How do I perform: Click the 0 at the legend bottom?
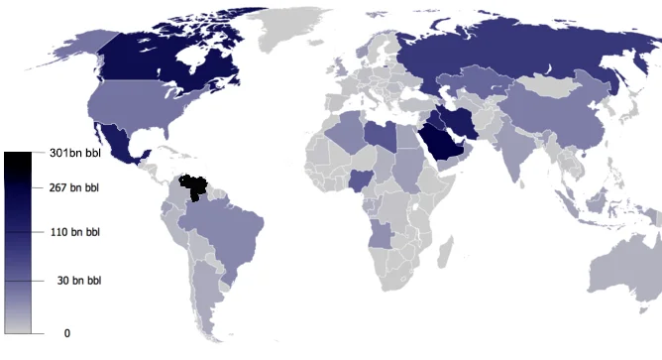pos(67,333)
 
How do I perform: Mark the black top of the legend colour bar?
pos(20,159)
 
